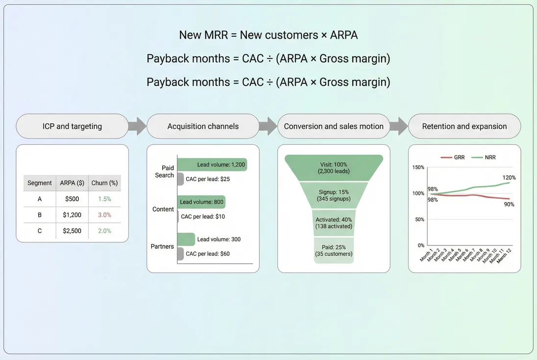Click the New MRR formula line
point(268,35)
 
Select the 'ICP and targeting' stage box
point(72,126)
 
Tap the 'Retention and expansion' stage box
point(464,126)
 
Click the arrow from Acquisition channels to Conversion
point(268,126)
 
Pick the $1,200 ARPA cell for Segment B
point(72,215)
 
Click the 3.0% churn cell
point(104,215)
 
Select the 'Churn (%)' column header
point(104,183)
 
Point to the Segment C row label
point(40,231)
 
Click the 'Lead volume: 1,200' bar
point(212,165)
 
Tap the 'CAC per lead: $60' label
point(207,254)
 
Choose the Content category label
point(163,209)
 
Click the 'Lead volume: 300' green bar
point(186,240)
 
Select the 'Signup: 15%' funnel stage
point(333,195)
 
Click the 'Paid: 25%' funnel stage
point(333,250)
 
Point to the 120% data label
point(509,177)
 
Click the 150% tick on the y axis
point(418,167)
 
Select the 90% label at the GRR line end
point(509,204)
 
